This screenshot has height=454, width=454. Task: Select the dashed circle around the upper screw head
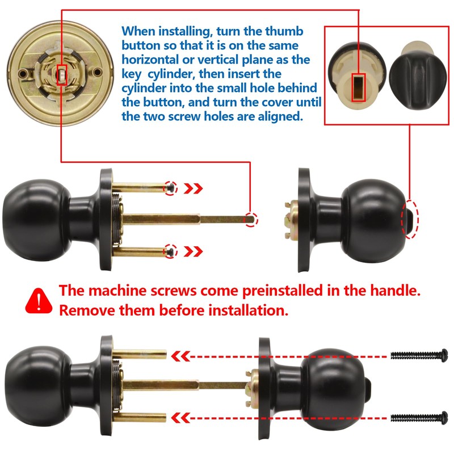pyautogui.click(x=171, y=188)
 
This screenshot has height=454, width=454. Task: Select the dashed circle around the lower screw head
pyautogui.click(x=171, y=250)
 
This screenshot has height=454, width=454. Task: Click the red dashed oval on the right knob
pyautogui.click(x=410, y=218)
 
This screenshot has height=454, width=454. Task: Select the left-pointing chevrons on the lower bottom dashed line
pyautogui.click(x=181, y=418)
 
